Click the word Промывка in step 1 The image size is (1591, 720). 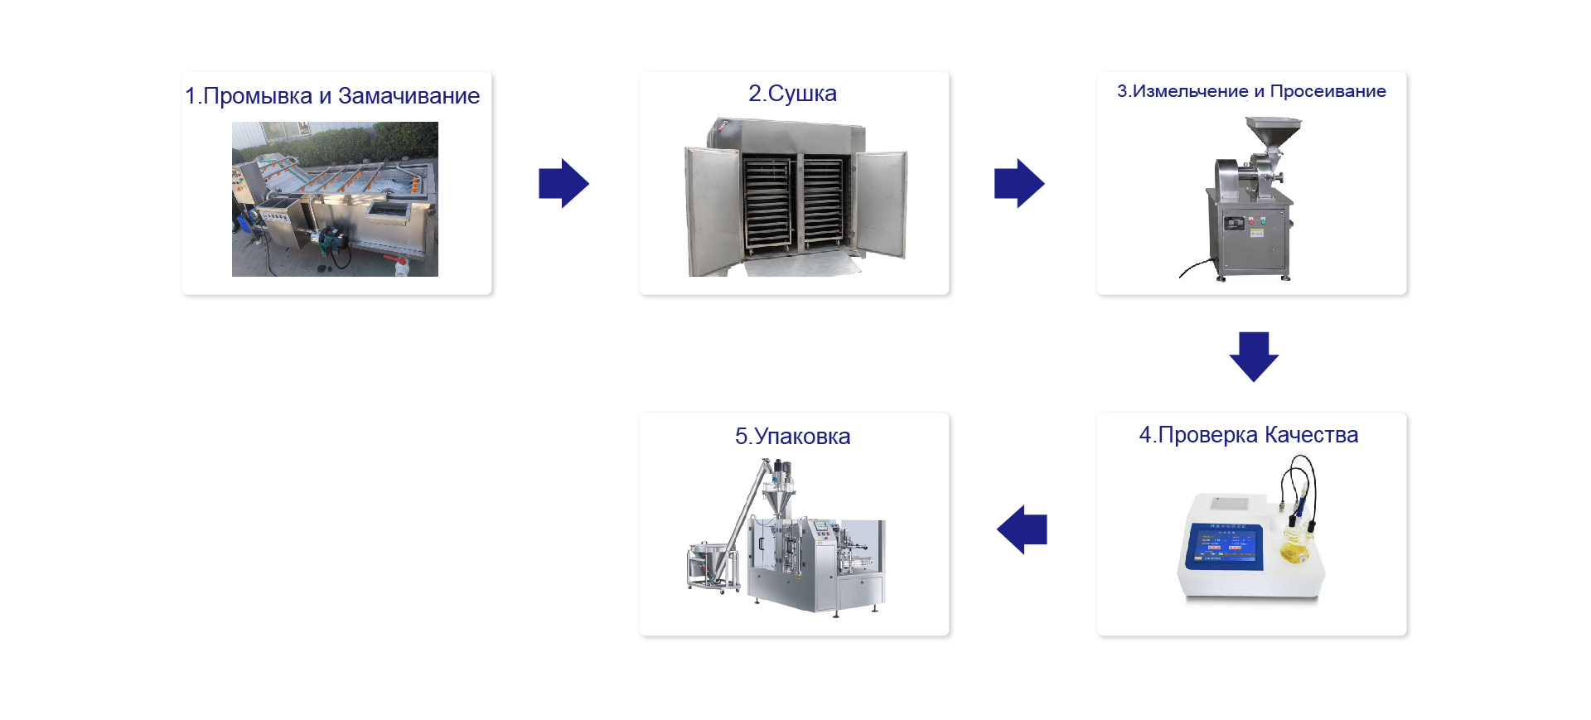pyautogui.click(x=258, y=96)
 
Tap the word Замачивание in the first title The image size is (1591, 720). pyautogui.click(x=409, y=96)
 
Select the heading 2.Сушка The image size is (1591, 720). pyautogui.click(x=792, y=94)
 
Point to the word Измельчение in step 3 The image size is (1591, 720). pyautogui.click(x=1190, y=91)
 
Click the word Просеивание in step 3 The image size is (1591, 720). pyautogui.click(x=1327, y=91)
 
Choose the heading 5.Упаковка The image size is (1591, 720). pyautogui.click(x=792, y=437)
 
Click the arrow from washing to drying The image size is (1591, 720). pyautogui.click(x=563, y=183)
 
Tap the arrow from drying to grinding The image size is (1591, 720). pyautogui.click(x=1019, y=183)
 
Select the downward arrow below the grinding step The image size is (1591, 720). pyautogui.click(x=1254, y=357)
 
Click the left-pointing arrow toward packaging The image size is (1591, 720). pyautogui.click(x=1022, y=529)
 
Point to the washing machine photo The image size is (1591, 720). pyautogui.click(x=335, y=199)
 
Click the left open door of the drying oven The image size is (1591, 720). pyautogui.click(x=712, y=210)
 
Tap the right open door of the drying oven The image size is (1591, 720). pyautogui.click(x=882, y=204)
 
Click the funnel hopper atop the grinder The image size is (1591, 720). pyautogui.click(x=1274, y=132)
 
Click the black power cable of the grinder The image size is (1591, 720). pyautogui.click(x=1196, y=267)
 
